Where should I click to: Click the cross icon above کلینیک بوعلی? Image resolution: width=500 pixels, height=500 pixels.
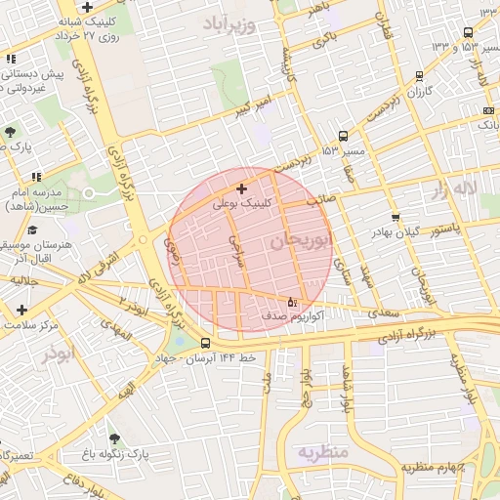241,188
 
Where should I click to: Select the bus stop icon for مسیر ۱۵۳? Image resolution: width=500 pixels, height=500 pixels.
343,137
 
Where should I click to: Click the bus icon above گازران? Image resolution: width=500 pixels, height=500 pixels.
419,75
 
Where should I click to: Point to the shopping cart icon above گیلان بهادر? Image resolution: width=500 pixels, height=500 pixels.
395,217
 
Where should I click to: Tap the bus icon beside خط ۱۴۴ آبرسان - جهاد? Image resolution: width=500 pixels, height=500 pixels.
205,344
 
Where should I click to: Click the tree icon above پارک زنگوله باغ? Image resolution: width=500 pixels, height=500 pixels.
115,438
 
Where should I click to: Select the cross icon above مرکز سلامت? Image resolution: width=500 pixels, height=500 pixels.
21,309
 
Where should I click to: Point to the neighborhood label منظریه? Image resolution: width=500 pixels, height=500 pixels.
322,452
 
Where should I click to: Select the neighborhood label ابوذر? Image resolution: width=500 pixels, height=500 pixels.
58,354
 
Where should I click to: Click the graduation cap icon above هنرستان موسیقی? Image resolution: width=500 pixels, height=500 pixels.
33,230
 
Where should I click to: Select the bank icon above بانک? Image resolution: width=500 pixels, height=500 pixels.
488,110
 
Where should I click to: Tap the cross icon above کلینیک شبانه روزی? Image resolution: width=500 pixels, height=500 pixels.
87,7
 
